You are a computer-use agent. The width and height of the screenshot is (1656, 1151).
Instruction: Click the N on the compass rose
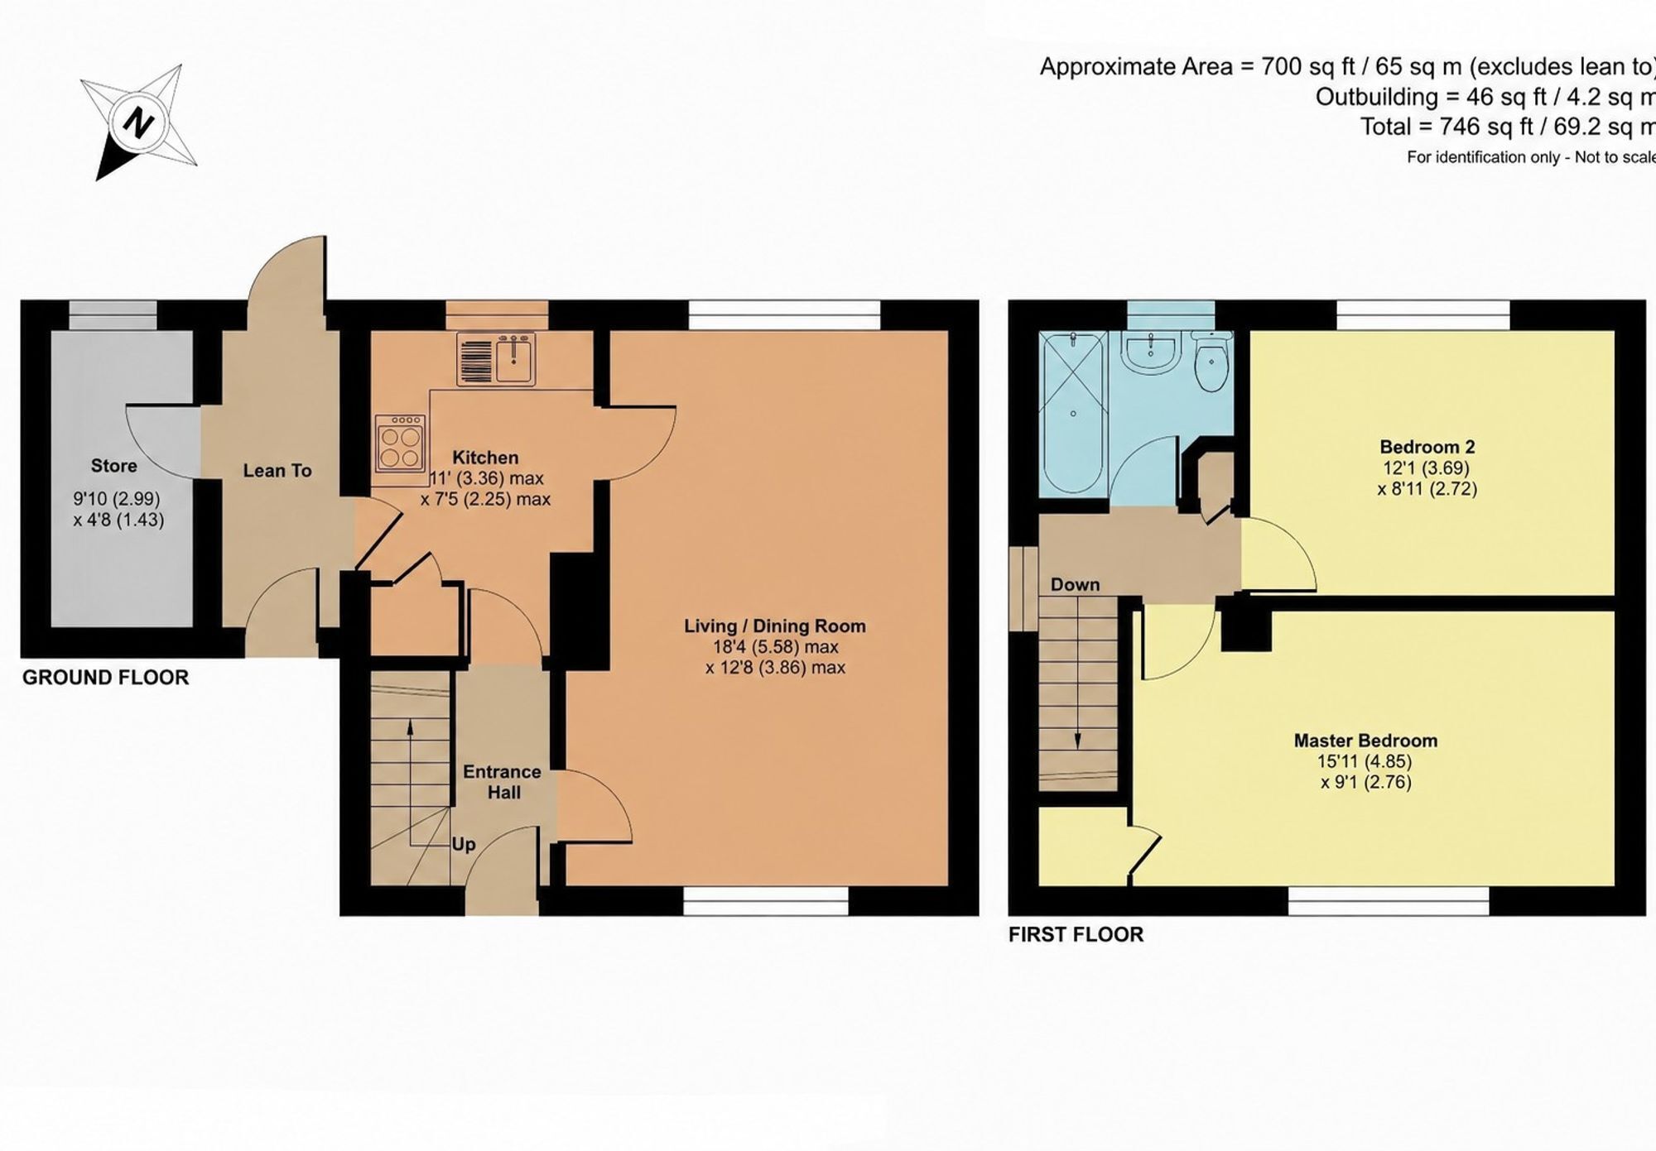click(x=137, y=123)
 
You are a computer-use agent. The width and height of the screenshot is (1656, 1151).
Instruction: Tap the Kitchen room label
click(x=485, y=458)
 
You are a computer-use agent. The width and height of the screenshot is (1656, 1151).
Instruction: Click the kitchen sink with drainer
click(x=496, y=358)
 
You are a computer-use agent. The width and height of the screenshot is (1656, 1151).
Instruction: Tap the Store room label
click(x=114, y=466)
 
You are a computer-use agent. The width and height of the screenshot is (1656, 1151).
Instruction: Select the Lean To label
click(x=277, y=471)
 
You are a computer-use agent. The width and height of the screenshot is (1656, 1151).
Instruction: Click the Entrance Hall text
click(x=503, y=782)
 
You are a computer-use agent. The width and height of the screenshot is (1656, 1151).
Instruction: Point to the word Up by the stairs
click(x=464, y=845)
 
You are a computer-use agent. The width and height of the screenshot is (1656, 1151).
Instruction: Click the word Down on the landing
click(x=1075, y=584)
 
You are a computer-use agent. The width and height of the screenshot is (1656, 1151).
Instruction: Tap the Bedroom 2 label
click(x=1427, y=447)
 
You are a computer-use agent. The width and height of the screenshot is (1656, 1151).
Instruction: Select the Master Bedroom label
click(x=1365, y=741)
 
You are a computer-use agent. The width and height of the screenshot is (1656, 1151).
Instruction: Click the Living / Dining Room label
click(x=775, y=626)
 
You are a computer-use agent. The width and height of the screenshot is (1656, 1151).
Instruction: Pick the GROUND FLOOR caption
click(x=106, y=678)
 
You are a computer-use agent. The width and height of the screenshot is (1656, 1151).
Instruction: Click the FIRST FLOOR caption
click(x=1076, y=934)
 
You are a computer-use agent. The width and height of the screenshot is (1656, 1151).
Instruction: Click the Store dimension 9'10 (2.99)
click(x=117, y=499)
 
